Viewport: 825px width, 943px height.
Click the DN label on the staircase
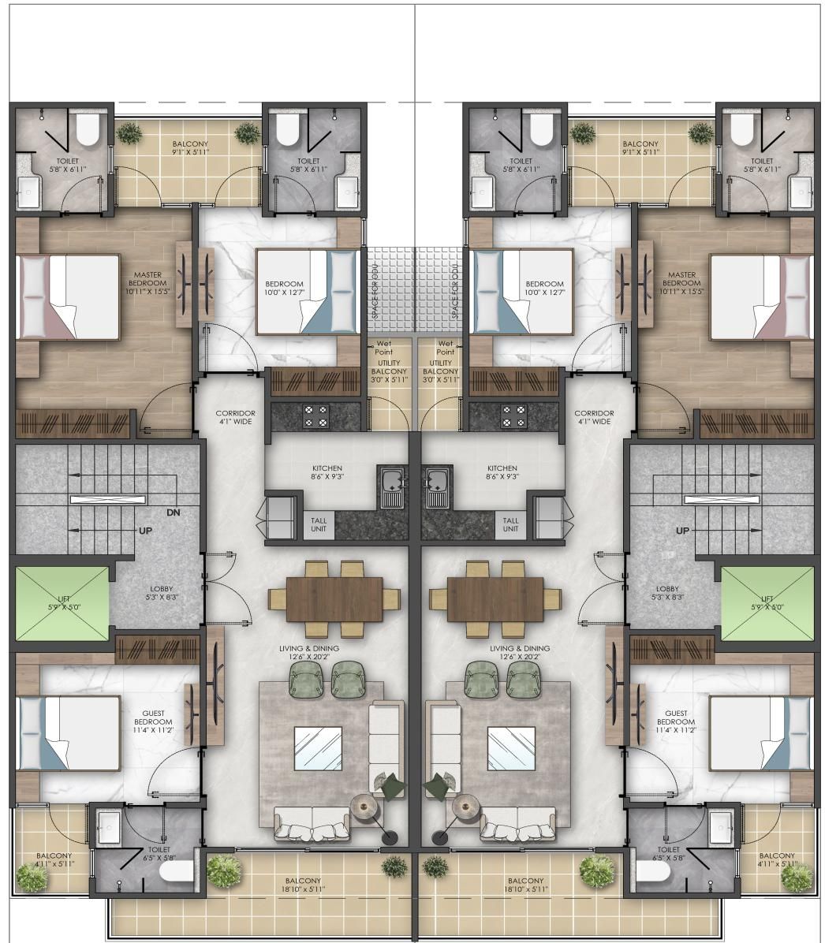tap(174, 513)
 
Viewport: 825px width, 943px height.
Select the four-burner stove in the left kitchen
tap(316, 416)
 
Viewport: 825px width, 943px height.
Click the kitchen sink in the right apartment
tap(436, 486)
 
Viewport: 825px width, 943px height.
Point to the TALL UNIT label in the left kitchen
tap(319, 524)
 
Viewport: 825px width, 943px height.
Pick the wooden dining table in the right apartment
tap(495, 599)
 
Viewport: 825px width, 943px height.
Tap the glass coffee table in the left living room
tap(318, 748)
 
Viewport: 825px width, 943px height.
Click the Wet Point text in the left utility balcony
tap(384, 348)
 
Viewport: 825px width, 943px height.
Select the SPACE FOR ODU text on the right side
tap(455, 290)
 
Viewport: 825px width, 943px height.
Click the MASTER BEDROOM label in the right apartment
tap(681, 282)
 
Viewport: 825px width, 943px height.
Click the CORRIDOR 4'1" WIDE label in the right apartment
tap(594, 417)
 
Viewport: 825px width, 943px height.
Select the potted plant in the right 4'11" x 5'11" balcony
tap(797, 878)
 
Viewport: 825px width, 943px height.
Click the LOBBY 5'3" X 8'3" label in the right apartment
tap(667, 593)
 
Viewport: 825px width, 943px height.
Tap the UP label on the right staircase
tap(682, 531)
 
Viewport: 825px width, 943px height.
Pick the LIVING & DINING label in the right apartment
tap(520, 653)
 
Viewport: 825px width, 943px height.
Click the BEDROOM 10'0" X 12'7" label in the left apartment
tap(285, 288)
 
